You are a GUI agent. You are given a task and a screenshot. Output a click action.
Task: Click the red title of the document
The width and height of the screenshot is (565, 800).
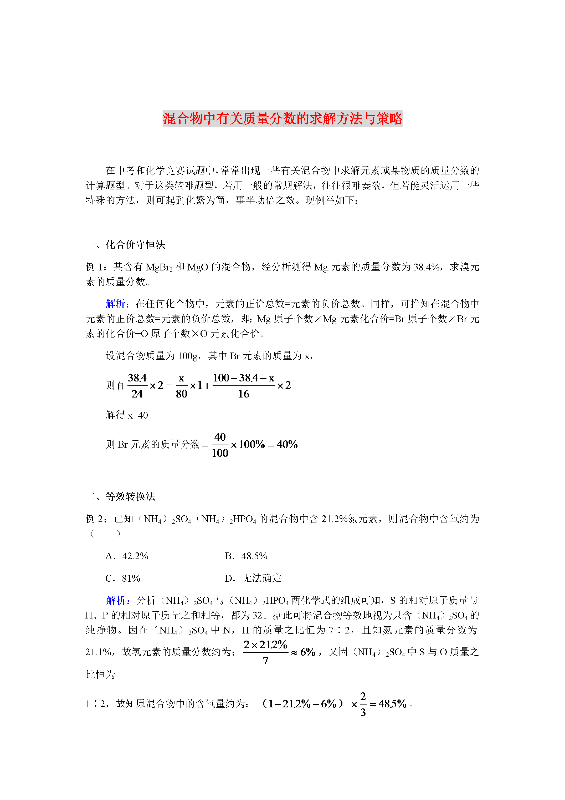point(282,118)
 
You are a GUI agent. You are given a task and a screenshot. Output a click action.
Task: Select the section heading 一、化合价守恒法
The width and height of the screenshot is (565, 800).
point(125,245)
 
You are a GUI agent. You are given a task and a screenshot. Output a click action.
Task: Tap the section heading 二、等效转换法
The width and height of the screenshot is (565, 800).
point(120,496)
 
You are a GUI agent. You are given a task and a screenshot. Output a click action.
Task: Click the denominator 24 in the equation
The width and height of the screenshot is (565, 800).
point(137,394)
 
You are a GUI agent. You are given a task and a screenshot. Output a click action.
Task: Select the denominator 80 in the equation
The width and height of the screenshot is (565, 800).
point(181,394)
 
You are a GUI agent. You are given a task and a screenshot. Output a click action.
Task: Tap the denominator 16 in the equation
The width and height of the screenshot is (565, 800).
point(244,394)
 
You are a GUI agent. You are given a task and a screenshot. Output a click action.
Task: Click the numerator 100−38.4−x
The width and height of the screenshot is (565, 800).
point(243,378)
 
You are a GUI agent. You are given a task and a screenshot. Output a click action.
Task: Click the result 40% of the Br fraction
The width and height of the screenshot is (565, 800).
point(287,444)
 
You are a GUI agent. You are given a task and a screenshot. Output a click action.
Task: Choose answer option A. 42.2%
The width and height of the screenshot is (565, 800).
point(127,556)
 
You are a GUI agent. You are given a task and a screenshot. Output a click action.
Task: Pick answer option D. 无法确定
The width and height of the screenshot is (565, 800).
point(253,578)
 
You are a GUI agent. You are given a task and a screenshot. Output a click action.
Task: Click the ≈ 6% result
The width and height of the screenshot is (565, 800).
point(303,652)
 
